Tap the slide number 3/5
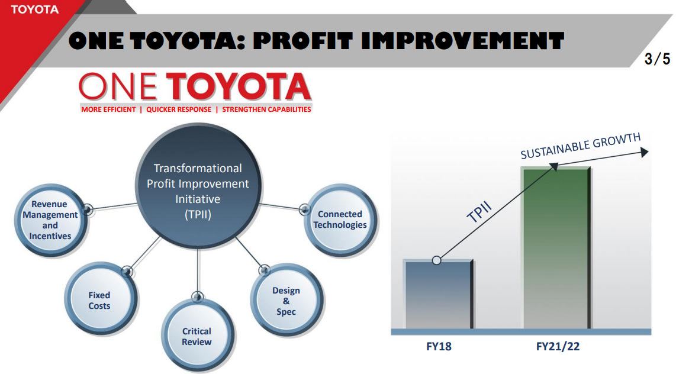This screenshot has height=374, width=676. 657,59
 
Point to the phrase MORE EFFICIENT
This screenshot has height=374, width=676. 108,109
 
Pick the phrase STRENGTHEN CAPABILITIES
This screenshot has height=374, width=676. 266,109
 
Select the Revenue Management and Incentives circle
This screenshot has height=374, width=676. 50,220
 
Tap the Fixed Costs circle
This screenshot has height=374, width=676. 99,300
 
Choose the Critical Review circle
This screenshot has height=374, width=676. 197,336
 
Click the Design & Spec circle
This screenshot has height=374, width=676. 286,301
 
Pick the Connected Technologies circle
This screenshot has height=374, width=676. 340,219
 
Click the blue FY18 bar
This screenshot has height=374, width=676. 438,296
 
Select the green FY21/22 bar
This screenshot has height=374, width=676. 556,249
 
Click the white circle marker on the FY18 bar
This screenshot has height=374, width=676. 437,260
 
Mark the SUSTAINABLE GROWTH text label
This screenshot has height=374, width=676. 580,146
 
